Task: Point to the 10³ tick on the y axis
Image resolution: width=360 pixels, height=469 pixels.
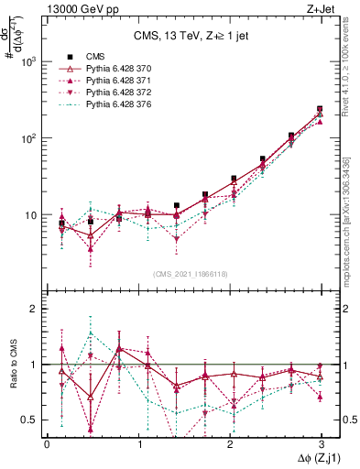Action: (28, 61)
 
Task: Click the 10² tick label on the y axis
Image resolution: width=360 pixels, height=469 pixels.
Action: (28, 138)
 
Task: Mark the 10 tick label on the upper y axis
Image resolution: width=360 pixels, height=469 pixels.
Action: (30, 215)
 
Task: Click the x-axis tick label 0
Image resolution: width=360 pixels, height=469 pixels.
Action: (47, 444)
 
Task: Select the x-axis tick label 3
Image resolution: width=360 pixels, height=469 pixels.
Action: (321, 444)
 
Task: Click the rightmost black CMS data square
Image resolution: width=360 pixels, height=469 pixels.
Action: (320, 109)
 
